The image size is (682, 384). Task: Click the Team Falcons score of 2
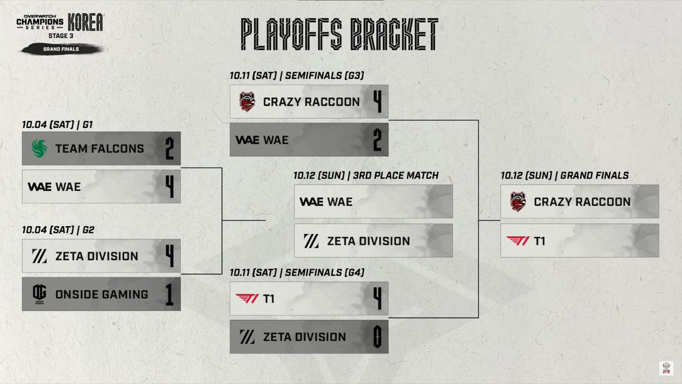169,149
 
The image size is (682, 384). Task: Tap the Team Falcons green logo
39,149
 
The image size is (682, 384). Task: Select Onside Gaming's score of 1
169,294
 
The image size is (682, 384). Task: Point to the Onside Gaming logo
39,294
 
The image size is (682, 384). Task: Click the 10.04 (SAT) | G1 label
53,124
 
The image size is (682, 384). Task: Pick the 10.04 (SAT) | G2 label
53,229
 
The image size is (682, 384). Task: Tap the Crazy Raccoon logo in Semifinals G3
247,102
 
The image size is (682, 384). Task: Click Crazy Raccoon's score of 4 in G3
376,102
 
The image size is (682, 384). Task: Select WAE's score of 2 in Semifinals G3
376,140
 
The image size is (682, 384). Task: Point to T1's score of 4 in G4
376,298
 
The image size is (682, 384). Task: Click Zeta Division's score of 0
376,336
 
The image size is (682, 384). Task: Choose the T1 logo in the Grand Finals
518,241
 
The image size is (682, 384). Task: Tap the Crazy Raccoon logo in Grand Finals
518,202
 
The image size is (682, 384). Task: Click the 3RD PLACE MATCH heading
366,176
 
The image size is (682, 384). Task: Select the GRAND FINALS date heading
564,176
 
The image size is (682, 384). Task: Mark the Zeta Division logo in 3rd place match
311,241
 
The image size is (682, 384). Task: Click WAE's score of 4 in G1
169,186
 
